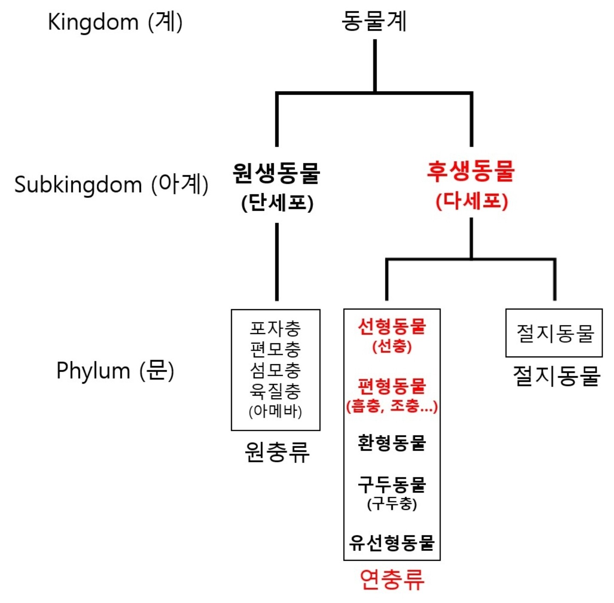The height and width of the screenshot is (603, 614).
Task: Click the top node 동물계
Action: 374,21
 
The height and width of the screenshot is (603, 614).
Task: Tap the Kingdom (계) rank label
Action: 115,22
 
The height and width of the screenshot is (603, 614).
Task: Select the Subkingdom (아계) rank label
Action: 111,184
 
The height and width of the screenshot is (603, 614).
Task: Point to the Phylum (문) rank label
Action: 115,370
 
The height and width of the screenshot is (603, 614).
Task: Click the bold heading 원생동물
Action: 276,173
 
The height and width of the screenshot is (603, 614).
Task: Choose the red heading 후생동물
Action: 471,171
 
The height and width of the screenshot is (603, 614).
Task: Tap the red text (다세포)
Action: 472,201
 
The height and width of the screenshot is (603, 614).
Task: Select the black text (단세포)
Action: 277,203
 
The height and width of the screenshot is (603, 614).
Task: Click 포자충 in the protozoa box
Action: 275,328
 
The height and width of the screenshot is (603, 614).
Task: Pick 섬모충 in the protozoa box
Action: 275,370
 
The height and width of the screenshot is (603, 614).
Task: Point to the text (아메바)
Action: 275,411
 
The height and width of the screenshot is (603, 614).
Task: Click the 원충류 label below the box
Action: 277,452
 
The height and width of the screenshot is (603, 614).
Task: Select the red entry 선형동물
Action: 392,327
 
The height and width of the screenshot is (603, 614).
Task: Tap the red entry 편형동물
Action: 392,386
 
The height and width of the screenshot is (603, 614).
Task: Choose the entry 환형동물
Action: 392,443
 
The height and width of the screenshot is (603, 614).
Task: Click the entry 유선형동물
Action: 392,542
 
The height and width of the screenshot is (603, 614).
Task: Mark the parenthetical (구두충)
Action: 392,504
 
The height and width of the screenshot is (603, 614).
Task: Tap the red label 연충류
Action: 392,579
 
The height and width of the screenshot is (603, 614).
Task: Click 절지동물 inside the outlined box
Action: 555,333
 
